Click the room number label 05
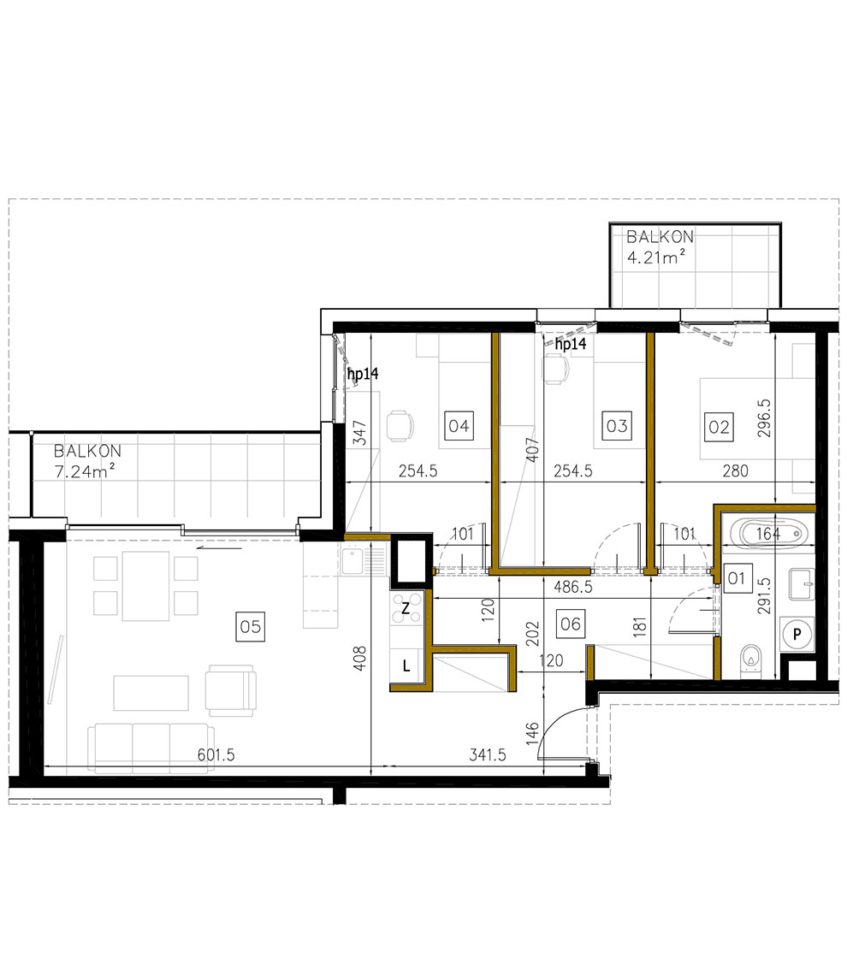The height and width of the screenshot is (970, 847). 249,628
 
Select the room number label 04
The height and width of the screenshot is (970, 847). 459,425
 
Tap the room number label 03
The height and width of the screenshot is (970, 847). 616,425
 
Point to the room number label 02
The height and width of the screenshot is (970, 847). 719,425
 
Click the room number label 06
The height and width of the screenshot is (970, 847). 570,624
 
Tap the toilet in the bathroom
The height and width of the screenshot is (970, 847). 751,658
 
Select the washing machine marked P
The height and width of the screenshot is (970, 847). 797,634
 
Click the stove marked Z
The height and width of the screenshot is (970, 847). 408,608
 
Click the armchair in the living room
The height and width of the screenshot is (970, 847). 230,691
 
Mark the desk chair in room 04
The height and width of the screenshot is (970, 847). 398,424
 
